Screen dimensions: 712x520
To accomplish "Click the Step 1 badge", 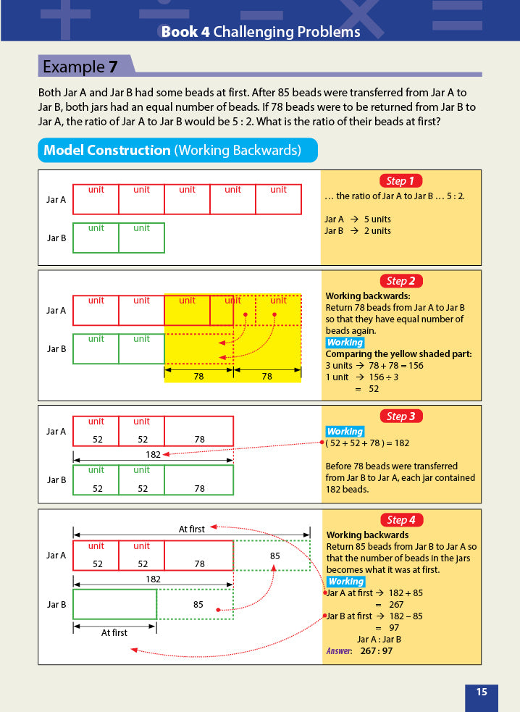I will pyautogui.click(x=401, y=181).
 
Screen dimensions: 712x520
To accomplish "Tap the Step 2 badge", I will pyautogui.click(x=401, y=281).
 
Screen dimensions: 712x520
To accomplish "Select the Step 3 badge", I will pyautogui.click(x=401, y=416).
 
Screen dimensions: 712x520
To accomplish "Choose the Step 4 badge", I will pyautogui.click(x=401, y=520).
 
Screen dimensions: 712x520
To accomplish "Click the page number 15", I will pyautogui.click(x=482, y=692).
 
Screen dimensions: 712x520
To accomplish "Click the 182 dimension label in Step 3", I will pyautogui.click(x=153, y=454).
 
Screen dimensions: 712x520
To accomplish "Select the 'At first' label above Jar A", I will pyautogui.click(x=192, y=529).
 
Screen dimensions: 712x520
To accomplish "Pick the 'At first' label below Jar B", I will pyautogui.click(x=114, y=632).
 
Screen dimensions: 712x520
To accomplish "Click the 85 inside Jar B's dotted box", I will pyautogui.click(x=198, y=603).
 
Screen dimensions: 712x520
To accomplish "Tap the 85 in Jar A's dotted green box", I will pyautogui.click(x=274, y=556).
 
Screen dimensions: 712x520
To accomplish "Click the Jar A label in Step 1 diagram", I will pyautogui.click(x=56, y=200).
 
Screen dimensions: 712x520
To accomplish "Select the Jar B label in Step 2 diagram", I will pyautogui.click(x=56, y=349).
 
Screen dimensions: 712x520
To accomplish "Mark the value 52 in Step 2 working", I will pyautogui.click(x=374, y=389).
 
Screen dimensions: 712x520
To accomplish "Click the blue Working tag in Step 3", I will pyautogui.click(x=345, y=432).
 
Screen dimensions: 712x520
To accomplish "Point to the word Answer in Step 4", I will pyautogui.click(x=338, y=651).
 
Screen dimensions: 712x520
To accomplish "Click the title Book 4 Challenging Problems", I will pyautogui.click(x=260, y=32).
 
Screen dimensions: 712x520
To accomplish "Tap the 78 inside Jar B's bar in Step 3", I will pyautogui.click(x=198, y=488).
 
